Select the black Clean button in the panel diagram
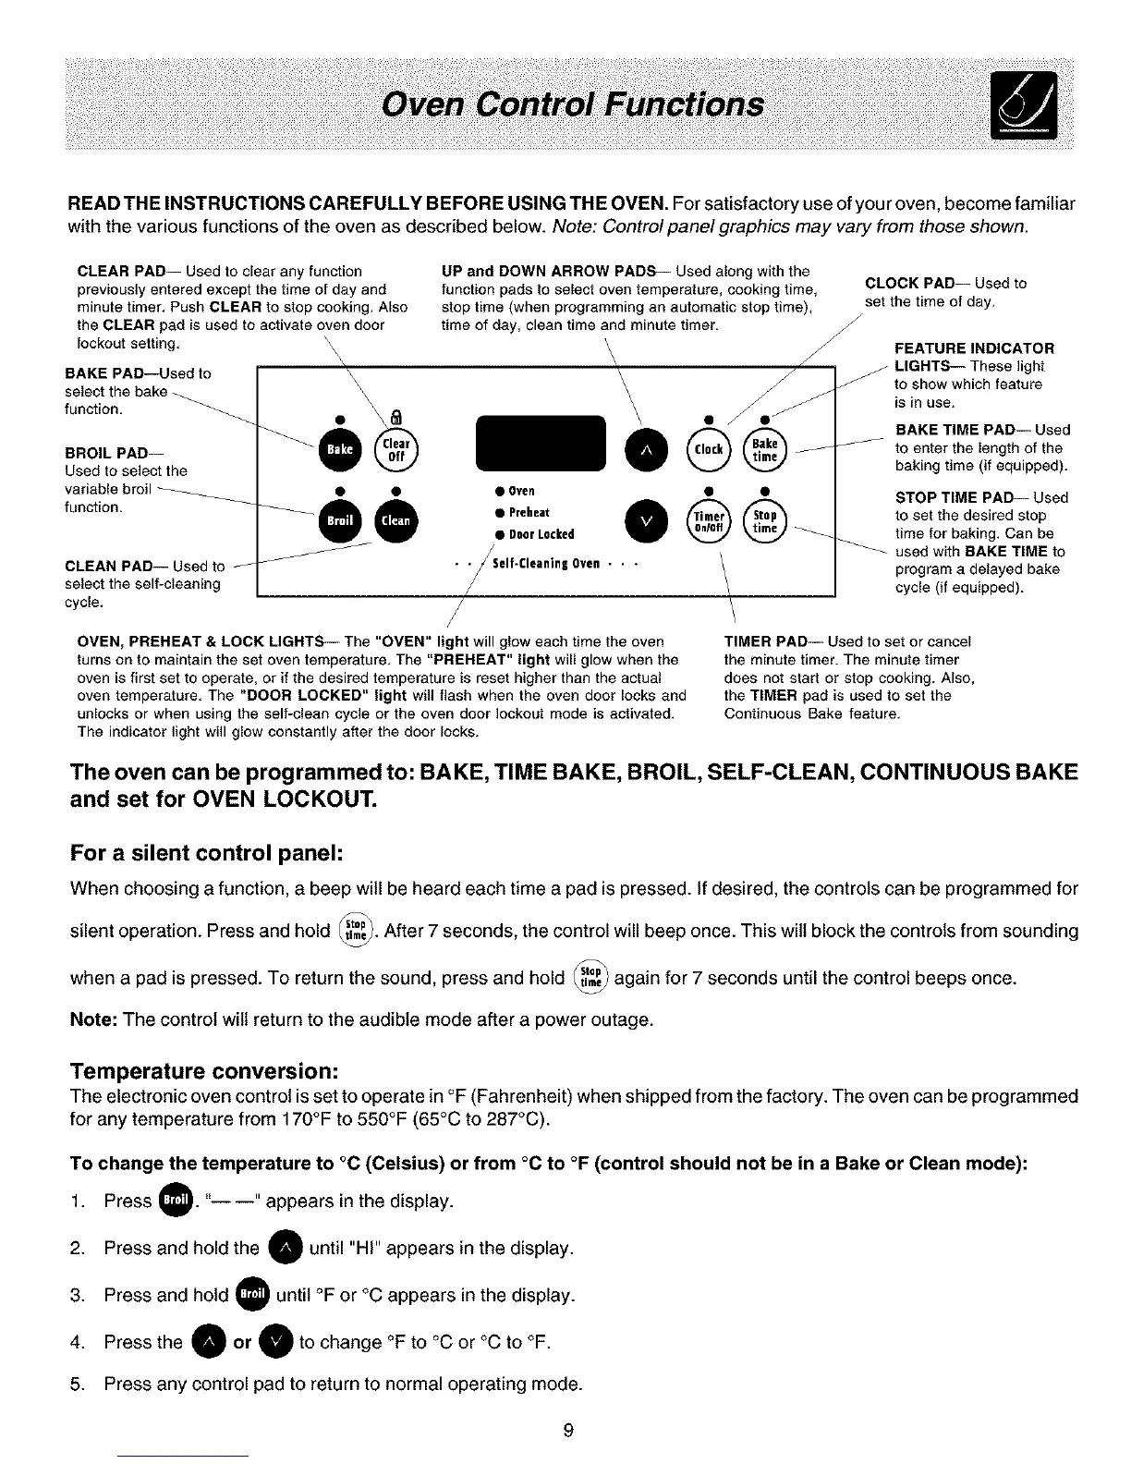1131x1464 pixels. [395, 520]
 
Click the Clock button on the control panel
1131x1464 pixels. [708, 449]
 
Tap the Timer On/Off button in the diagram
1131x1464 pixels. [708, 521]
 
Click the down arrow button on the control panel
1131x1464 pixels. [646, 521]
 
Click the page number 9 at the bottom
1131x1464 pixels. [568, 1431]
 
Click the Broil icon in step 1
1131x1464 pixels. [176, 1201]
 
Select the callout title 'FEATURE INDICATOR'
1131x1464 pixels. [974, 348]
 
